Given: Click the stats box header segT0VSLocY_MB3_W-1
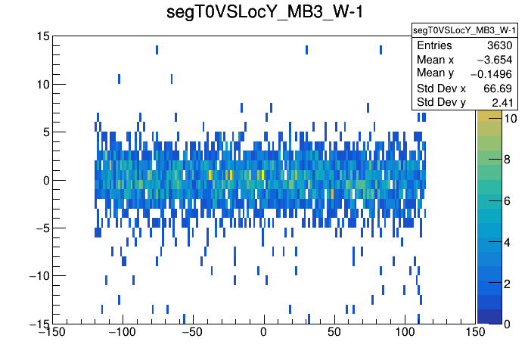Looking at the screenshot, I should tap(464, 30).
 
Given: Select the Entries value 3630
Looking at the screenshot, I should tap(502, 45).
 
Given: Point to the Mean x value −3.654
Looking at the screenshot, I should tap(496, 60).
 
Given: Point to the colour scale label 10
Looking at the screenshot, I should tap(510, 119).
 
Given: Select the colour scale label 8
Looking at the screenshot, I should tap(507, 160).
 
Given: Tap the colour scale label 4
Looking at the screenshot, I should tap(507, 241).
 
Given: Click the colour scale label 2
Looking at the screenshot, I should tap(507, 282).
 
